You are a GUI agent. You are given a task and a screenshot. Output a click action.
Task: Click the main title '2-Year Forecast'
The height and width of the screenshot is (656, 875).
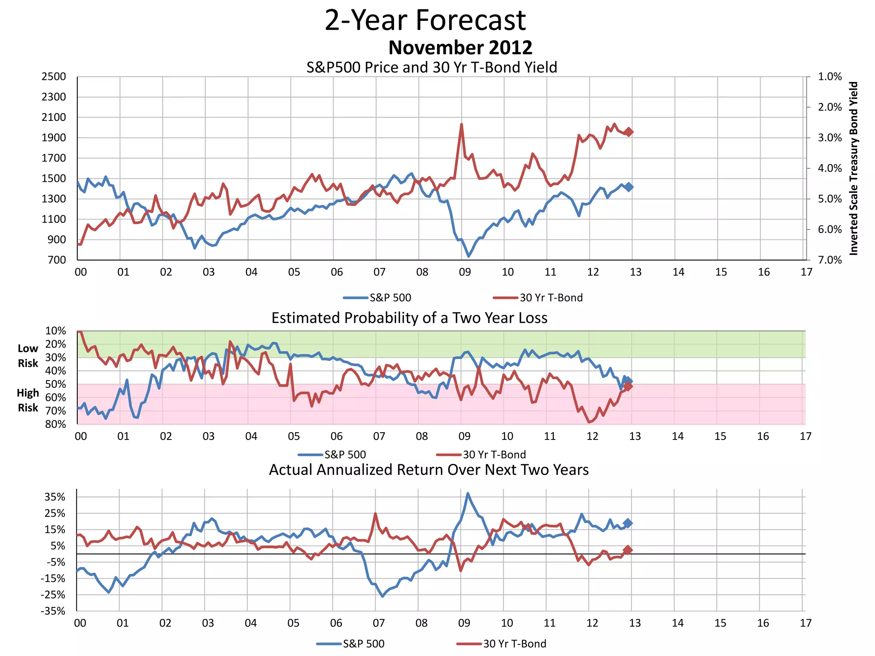[x=425, y=20]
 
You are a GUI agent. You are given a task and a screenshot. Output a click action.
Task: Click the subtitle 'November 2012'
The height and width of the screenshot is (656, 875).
[x=460, y=47]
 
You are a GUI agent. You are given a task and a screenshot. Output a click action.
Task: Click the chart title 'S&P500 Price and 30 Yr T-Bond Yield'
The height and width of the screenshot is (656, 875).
[x=432, y=67]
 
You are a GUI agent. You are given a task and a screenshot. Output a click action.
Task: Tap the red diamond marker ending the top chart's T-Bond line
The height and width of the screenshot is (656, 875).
[x=628, y=132]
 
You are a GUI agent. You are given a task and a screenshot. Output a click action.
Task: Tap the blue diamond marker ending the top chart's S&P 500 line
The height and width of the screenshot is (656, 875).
[x=628, y=187]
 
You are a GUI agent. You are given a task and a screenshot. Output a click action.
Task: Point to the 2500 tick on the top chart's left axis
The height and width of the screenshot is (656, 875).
[x=54, y=77]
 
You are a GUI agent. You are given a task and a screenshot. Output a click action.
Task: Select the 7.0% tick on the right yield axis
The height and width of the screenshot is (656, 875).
[x=829, y=260]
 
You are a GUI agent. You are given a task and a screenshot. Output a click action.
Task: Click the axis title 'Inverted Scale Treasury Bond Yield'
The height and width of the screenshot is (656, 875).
[x=853, y=168]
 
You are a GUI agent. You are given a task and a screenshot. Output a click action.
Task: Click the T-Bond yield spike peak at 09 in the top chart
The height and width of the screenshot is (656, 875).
[x=461, y=124]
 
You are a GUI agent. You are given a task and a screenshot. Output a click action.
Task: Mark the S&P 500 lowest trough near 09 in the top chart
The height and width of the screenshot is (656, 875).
[x=469, y=256]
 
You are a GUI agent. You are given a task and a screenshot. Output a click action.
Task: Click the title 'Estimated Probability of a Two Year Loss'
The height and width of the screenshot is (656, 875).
[x=409, y=318]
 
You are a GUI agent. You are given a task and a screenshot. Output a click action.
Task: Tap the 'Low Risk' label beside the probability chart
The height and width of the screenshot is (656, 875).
[x=28, y=356]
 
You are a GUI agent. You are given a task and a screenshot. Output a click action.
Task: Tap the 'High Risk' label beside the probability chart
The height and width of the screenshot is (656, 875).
[x=28, y=400]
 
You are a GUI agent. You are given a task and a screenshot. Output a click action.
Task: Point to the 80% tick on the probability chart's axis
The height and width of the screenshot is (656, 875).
[x=56, y=424]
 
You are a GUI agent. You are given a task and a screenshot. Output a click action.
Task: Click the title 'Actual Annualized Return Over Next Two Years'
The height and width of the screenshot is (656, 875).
[x=429, y=470]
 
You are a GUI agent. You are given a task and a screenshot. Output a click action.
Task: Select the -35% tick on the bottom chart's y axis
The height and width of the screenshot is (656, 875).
[x=53, y=611]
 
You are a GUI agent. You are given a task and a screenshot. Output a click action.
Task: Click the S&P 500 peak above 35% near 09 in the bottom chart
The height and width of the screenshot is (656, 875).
[x=468, y=493]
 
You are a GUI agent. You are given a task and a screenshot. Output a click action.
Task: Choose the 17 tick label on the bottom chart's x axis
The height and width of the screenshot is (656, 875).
[x=805, y=623]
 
